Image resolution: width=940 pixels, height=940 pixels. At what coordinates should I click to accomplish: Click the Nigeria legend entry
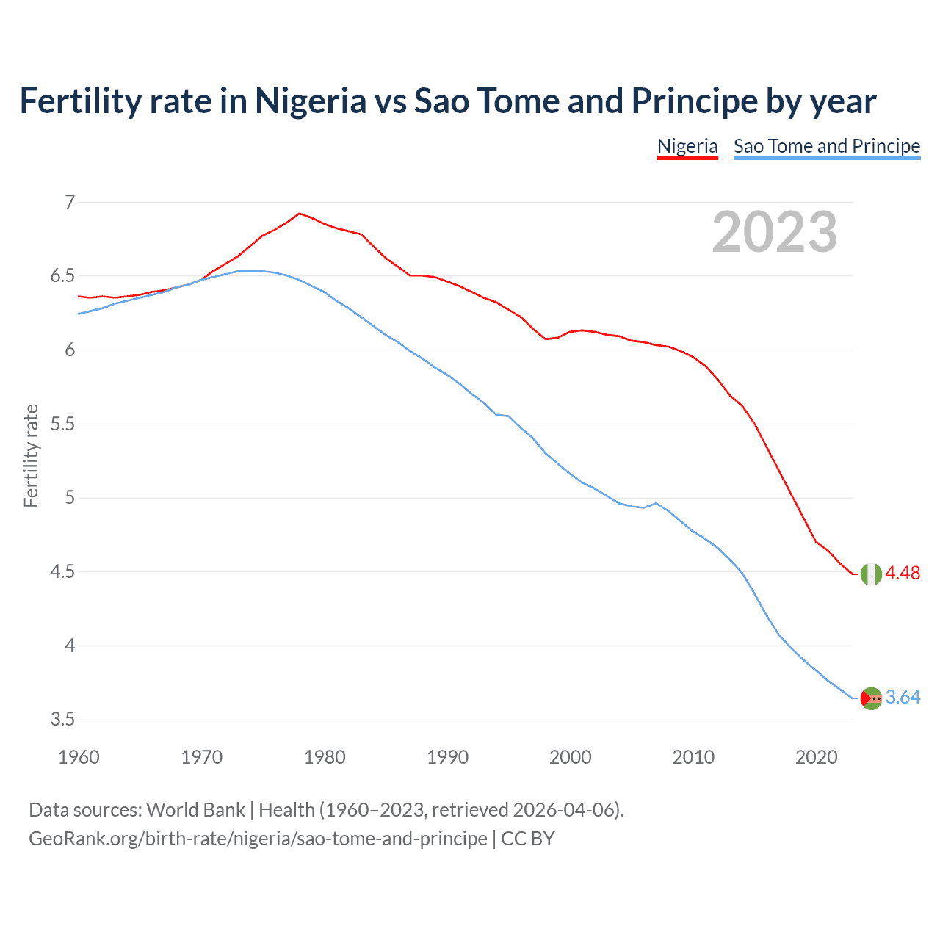click(687, 146)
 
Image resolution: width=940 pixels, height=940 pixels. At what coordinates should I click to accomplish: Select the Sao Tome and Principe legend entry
click(827, 146)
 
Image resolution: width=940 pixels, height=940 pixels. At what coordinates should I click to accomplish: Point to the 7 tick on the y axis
click(70, 202)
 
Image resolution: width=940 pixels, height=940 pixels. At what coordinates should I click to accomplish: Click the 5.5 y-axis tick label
click(62, 424)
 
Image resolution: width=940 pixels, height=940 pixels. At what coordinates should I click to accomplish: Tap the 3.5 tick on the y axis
click(62, 720)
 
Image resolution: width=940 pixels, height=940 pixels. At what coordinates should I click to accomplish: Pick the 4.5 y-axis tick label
click(62, 572)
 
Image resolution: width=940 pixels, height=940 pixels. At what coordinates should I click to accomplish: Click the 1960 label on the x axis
click(79, 757)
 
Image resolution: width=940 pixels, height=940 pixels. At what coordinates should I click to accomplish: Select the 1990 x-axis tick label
click(447, 757)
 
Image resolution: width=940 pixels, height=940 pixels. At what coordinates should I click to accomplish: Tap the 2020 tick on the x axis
click(816, 757)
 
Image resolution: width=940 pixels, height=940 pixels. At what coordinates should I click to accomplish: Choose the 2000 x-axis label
click(570, 757)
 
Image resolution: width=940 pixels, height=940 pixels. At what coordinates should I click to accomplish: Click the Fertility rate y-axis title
click(31, 455)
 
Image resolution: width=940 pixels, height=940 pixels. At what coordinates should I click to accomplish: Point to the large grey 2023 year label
click(775, 232)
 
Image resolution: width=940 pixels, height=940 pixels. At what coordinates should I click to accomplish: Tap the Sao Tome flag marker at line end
click(871, 698)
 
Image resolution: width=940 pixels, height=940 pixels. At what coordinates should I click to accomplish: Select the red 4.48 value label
click(903, 574)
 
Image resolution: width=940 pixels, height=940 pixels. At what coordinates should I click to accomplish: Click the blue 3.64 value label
click(903, 698)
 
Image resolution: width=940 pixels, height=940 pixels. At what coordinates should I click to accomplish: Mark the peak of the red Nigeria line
click(299, 214)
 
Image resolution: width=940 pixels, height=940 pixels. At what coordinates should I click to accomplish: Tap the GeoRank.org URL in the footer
click(258, 839)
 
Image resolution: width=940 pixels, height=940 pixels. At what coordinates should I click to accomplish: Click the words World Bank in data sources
click(195, 810)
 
